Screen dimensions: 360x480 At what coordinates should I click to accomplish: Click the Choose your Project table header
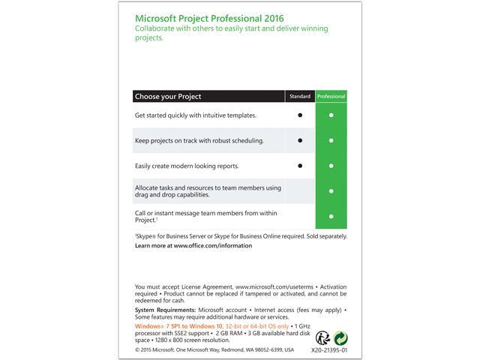click(168, 97)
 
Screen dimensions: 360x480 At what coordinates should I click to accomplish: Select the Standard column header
click(299, 97)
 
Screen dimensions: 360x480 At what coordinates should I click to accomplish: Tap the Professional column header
click(331, 97)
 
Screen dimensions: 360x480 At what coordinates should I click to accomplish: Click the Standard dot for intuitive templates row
click(300, 115)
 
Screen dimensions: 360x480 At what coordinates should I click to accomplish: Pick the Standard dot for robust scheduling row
click(300, 140)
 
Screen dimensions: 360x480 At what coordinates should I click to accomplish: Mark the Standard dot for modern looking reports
click(300, 166)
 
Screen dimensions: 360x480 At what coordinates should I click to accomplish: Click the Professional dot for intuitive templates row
click(331, 115)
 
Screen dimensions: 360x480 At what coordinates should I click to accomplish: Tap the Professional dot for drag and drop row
click(331, 190)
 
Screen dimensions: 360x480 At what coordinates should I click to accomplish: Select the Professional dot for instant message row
click(331, 216)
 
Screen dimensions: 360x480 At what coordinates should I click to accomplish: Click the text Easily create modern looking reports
click(187, 166)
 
